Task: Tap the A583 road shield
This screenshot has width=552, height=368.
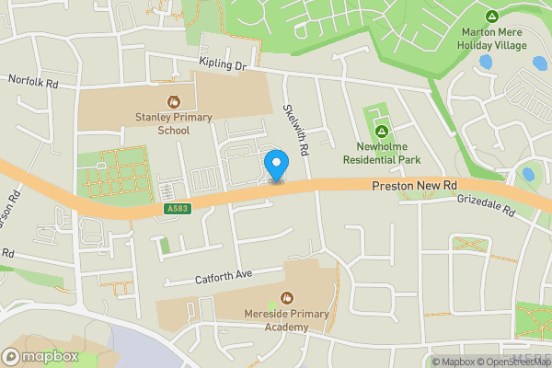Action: click(x=178, y=210)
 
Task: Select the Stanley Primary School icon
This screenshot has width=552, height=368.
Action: click(x=171, y=100)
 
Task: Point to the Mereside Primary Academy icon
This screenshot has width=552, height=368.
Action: click(x=287, y=298)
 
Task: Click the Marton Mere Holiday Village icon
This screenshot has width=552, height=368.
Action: click(x=492, y=17)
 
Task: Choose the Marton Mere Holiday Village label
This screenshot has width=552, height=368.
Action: click(x=493, y=38)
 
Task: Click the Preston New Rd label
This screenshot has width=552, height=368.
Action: click(x=415, y=186)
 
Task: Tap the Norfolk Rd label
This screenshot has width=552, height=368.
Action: click(x=33, y=81)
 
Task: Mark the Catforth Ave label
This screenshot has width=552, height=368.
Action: click(x=224, y=275)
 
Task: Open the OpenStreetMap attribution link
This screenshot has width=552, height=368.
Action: click(x=515, y=362)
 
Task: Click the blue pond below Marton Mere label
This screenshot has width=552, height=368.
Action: click(x=485, y=63)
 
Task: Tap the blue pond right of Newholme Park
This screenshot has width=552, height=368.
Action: click(x=528, y=174)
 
